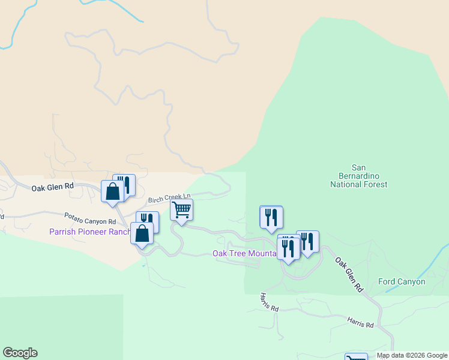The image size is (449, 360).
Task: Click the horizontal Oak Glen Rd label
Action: coord(53,187)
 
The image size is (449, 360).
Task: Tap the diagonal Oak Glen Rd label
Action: coord(349,275)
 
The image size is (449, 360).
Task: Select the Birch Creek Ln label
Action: coord(170,197)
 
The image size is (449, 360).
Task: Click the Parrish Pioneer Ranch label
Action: coord(90,232)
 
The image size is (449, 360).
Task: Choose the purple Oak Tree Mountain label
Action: coord(244,253)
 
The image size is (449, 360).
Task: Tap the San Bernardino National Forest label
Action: coord(358,176)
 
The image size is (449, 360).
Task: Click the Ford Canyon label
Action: coord(402,281)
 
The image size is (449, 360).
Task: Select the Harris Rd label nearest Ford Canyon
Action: coord(360,322)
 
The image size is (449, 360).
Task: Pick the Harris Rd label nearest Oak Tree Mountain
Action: coord(270,302)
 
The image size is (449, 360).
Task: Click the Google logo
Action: coord(20,353)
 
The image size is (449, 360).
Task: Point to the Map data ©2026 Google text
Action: coord(412,355)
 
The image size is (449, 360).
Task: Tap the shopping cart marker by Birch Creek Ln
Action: coord(181,209)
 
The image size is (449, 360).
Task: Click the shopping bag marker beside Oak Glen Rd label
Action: coord(112,191)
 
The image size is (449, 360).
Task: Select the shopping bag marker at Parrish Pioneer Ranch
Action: coord(142,233)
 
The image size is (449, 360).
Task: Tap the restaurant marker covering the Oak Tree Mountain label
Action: coord(289,247)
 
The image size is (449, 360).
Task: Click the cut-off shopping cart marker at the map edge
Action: coord(356,357)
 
